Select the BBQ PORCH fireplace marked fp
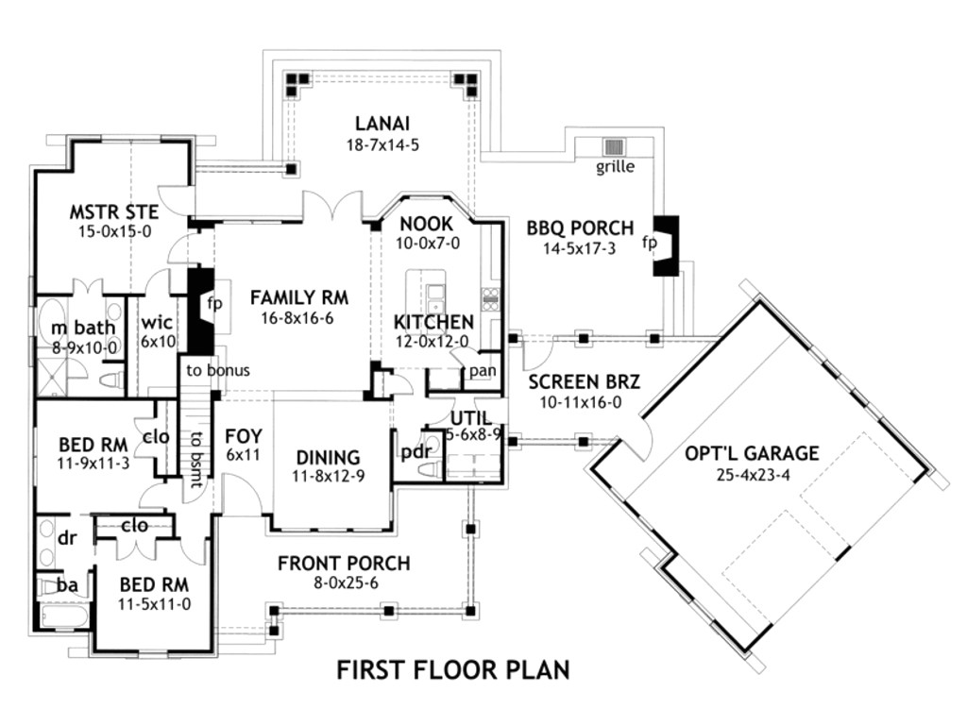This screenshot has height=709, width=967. (x=666, y=244)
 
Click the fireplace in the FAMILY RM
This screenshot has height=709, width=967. (x=201, y=309)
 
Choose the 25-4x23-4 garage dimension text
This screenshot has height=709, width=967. (x=753, y=473)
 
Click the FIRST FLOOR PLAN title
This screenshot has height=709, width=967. (x=453, y=670)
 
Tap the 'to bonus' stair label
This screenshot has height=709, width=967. (x=218, y=370)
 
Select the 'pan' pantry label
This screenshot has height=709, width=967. (x=482, y=370)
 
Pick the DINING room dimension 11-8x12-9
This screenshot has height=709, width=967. (x=328, y=476)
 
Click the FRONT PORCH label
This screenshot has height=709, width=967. (x=344, y=564)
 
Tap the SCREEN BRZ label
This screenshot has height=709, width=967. (x=585, y=382)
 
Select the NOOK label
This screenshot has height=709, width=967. (x=427, y=224)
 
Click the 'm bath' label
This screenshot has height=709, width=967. (x=83, y=329)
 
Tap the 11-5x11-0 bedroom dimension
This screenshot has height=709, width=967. (x=154, y=603)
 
